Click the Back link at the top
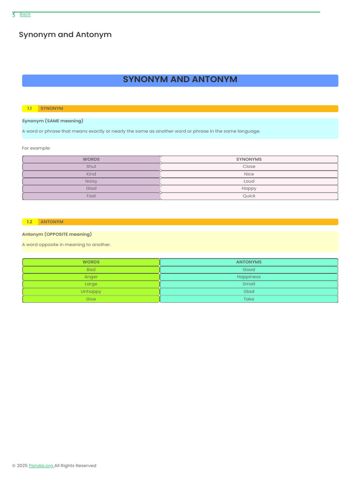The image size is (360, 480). click(25, 15)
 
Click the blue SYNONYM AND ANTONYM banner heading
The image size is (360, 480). click(180, 80)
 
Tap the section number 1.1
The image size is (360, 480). click(30, 109)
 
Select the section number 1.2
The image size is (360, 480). click(30, 222)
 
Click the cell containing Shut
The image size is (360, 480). click(91, 166)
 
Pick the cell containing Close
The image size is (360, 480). click(249, 166)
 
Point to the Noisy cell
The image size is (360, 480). click(91, 181)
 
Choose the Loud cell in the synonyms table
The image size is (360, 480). click(249, 181)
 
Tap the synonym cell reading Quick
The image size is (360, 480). click(249, 196)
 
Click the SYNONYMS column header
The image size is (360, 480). click(249, 159)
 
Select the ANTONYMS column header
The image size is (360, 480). click(249, 262)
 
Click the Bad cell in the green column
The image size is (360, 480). click(91, 270)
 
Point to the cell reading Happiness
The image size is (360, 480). click(249, 277)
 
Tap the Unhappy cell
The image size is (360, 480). click(91, 292)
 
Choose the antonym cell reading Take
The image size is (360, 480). click(249, 299)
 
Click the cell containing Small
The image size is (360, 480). click(249, 284)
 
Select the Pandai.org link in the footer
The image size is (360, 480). click(41, 465)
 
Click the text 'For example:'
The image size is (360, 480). click(36, 148)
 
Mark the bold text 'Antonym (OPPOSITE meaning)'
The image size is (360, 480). click(57, 234)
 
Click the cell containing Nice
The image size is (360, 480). click(249, 174)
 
